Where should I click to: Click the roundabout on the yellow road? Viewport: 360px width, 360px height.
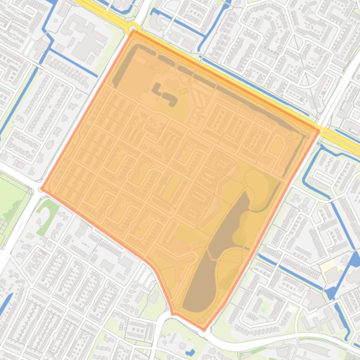pos(133,29)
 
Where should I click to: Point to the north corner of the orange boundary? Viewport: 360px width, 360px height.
pos(134,31)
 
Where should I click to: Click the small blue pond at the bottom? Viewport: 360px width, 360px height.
pos(190,352)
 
